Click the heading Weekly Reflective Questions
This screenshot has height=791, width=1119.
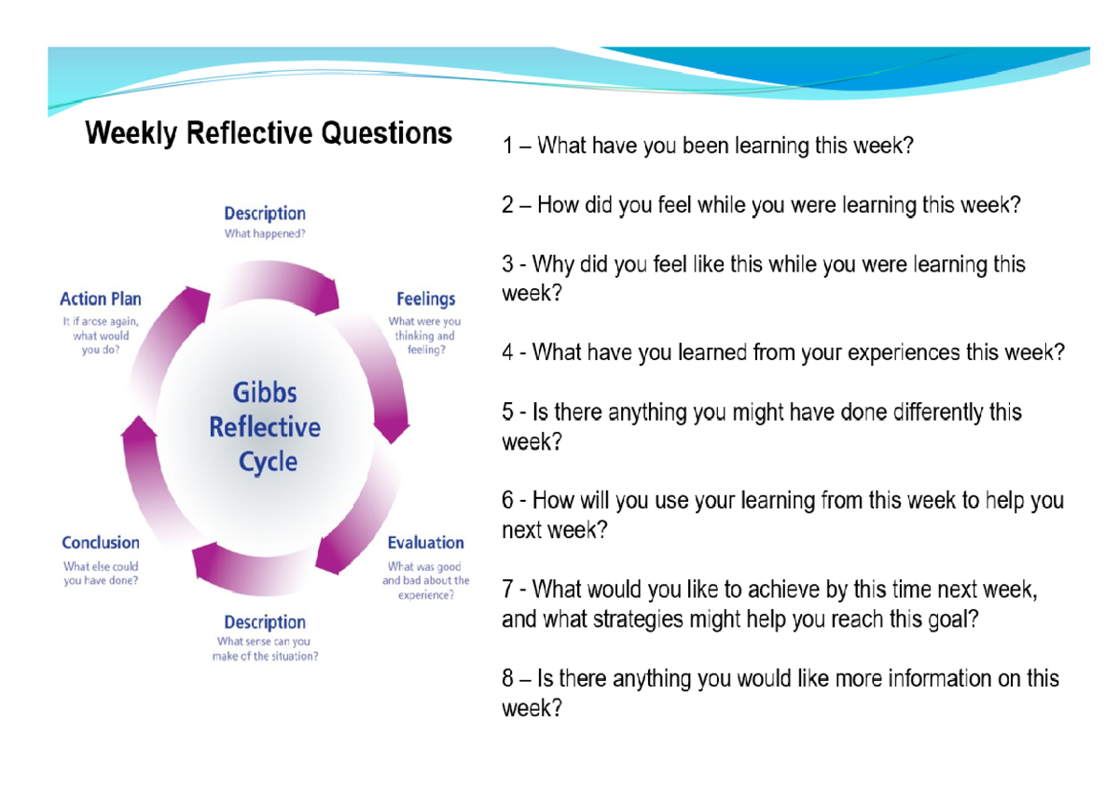coord(269,134)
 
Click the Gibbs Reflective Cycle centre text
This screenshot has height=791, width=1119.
coord(265,427)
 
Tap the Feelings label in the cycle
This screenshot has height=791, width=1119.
coord(426,299)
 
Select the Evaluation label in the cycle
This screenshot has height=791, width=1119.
coord(425,543)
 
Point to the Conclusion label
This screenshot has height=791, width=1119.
coord(101,543)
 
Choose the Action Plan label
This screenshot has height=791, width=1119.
coord(101,299)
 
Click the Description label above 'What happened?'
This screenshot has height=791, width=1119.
coord(265,214)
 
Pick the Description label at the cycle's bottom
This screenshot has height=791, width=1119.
coord(265,622)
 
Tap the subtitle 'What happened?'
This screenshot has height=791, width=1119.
coord(265,234)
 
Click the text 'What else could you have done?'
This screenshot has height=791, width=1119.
coord(101,573)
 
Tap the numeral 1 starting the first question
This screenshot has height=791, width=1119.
coord(508,146)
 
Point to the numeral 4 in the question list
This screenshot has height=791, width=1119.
coord(508,354)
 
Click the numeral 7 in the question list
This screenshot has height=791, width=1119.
coord(508,590)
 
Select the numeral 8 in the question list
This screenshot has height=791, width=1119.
coord(508,679)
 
